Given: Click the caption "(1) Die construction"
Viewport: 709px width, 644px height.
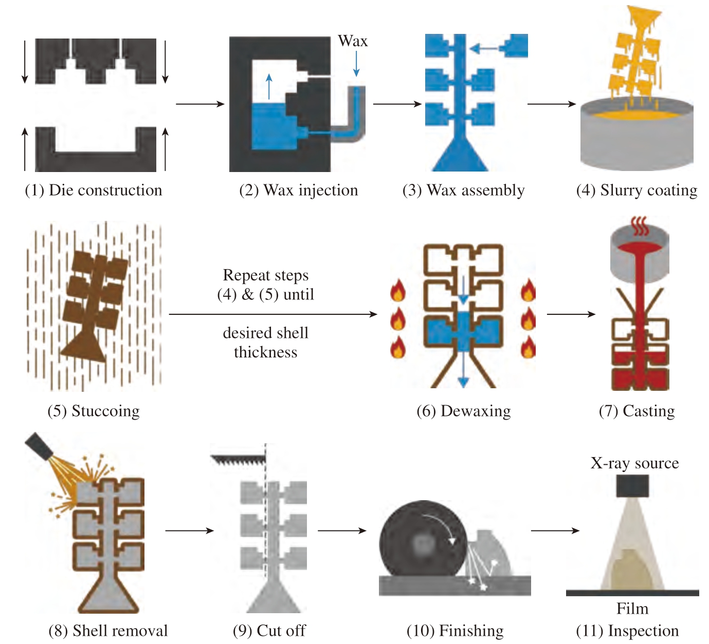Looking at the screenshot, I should coord(93,190).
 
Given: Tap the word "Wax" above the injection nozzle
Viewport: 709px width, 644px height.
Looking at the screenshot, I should coord(353,41).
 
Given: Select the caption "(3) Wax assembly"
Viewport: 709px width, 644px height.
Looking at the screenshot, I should coord(463,190).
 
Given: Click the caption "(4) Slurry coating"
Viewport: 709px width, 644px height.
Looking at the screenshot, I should coord(637,190).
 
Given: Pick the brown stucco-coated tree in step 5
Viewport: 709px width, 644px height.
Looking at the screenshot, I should coord(93,303).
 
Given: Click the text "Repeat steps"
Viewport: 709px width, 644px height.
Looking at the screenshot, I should coord(265,275).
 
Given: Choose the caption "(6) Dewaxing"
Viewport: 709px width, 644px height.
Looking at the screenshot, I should coord(463,411).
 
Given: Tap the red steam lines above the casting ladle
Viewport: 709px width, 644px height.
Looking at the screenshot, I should coord(640,225).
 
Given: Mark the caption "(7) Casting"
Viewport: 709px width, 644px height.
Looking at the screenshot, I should coord(637,411).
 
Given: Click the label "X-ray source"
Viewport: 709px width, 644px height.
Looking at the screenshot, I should coord(634,463).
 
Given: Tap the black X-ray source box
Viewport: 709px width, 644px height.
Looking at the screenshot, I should coord(632,486).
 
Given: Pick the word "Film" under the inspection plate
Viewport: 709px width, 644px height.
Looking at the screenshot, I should coord(632,609).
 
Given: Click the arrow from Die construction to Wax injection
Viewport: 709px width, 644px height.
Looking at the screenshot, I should coord(200,104).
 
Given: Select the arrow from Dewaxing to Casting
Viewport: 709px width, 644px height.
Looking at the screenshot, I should coord(571,314).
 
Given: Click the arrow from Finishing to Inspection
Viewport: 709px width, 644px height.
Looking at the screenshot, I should coord(555,531).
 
